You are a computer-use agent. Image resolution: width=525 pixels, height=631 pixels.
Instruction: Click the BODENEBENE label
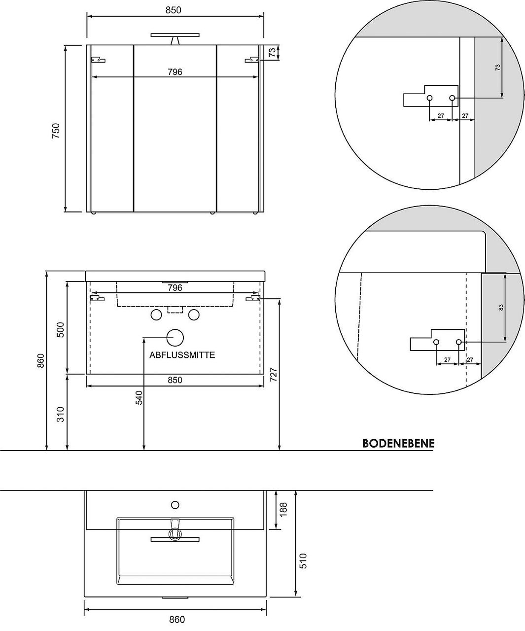[x=398, y=443]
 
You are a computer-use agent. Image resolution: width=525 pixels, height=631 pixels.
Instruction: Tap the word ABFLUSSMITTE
[x=182, y=355]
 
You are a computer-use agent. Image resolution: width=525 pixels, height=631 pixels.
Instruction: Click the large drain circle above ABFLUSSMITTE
[x=175, y=338]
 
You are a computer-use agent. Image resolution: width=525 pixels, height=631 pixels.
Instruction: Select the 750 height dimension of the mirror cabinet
[x=56, y=131]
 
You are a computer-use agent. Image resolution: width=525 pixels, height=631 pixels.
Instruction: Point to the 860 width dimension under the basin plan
[x=177, y=620]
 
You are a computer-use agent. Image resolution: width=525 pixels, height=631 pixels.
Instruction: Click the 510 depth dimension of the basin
[x=303, y=561]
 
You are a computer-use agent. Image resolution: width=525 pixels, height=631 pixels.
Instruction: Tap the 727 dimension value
[x=273, y=375]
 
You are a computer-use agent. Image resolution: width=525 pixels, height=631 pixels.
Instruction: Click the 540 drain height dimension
[x=139, y=398]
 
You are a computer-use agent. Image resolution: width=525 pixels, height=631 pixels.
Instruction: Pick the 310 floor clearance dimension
[x=61, y=414]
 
